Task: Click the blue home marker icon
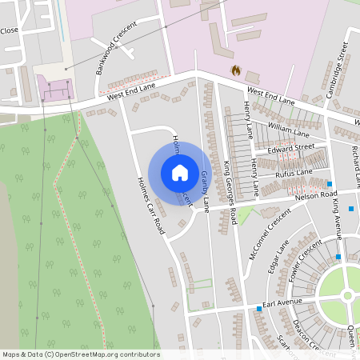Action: (x=180, y=173)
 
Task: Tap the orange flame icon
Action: (x=236, y=70)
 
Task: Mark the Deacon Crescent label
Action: (x=307, y=336)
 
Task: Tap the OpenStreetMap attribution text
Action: (x=81, y=354)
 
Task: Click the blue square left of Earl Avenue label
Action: (x=258, y=308)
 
